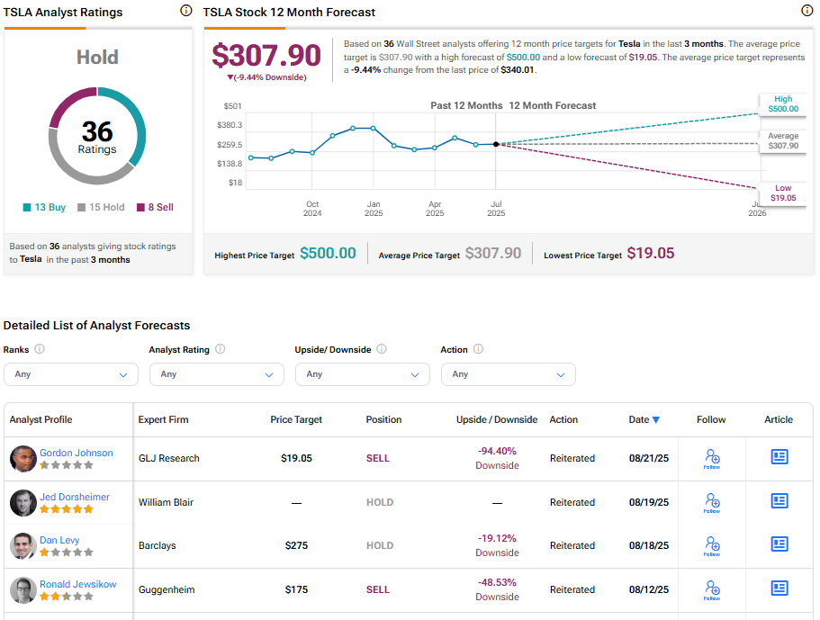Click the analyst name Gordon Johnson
[76, 453]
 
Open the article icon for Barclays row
[779, 544]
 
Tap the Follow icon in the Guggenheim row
[712, 589]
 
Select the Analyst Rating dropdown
[217, 374]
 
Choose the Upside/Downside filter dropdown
[363, 374]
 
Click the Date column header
[644, 419]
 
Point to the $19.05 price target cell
[296, 458]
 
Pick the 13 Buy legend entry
[45, 207]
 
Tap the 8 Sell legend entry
[155, 207]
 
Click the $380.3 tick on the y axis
[230, 125]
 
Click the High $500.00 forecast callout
[782, 104]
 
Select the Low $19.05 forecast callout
[782, 193]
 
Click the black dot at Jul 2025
[496, 144]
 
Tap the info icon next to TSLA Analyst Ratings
[185, 12]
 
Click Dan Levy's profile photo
[23, 545]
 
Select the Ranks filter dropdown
[71, 374]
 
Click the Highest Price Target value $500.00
[328, 254]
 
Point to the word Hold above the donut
[97, 58]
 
